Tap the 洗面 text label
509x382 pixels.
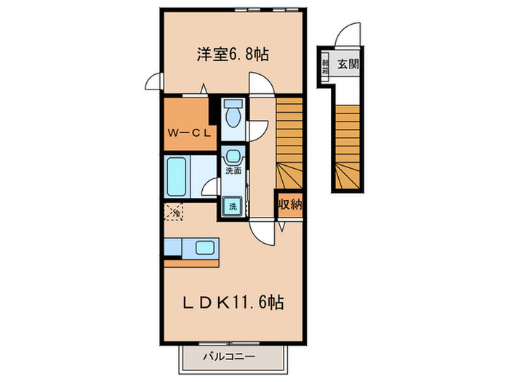pyautogui.click(x=233, y=172)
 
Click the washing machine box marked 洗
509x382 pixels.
pyautogui.click(x=233, y=206)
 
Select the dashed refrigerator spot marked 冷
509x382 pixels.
pyautogui.click(x=175, y=212)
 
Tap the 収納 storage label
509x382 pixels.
pyautogui.click(x=289, y=204)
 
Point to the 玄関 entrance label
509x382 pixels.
pyautogui.click(x=348, y=65)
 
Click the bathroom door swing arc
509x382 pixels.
pyautogui.click(x=209, y=188)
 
